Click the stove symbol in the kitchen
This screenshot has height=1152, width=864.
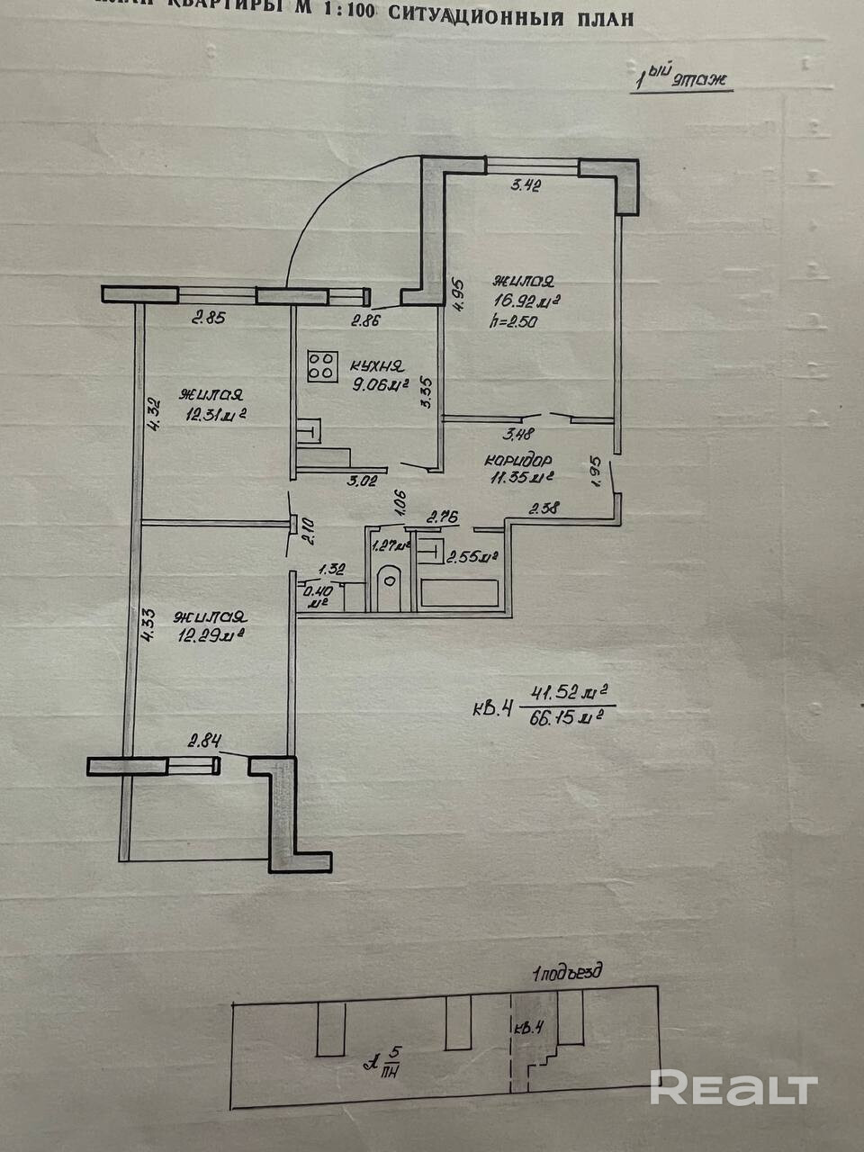click(319, 365)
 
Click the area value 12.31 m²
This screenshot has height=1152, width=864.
click(216, 415)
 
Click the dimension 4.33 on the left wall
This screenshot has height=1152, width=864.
click(149, 623)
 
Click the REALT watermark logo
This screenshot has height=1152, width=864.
click(733, 1088)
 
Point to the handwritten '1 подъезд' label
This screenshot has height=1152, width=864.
click(567, 973)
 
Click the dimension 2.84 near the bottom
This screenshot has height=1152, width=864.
click(204, 742)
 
